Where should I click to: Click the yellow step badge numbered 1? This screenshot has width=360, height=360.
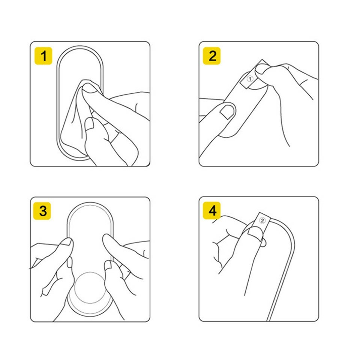click(43, 56)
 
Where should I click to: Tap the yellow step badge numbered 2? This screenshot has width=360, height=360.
click(211, 56)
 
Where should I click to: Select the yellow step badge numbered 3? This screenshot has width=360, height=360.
click(42, 211)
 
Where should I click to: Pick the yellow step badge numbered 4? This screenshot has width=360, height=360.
click(211, 210)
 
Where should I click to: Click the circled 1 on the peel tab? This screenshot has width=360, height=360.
click(250, 79)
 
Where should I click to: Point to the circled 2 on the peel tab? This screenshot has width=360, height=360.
click(262, 220)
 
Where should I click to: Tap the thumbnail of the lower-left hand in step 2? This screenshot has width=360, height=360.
click(228, 112)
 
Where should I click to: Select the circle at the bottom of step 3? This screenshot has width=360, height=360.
click(90, 288)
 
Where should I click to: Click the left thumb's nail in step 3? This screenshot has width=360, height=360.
click(67, 242)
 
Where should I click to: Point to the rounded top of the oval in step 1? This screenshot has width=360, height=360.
click(79, 46)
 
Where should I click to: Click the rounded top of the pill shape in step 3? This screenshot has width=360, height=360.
click(90, 203)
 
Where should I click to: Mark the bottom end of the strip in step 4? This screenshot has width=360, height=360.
click(268, 320)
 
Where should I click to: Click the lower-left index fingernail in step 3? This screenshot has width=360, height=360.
click(70, 262)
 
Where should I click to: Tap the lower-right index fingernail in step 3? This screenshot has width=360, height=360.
click(108, 265)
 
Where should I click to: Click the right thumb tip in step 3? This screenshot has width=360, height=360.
click(106, 238)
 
